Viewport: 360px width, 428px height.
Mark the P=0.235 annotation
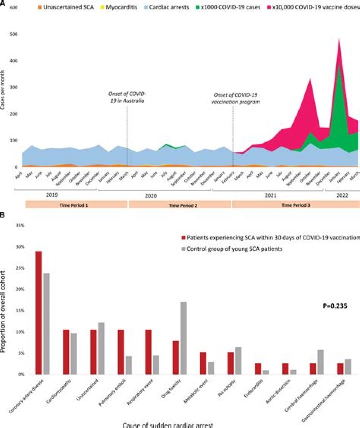pyautogui.click(x=333, y=305)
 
